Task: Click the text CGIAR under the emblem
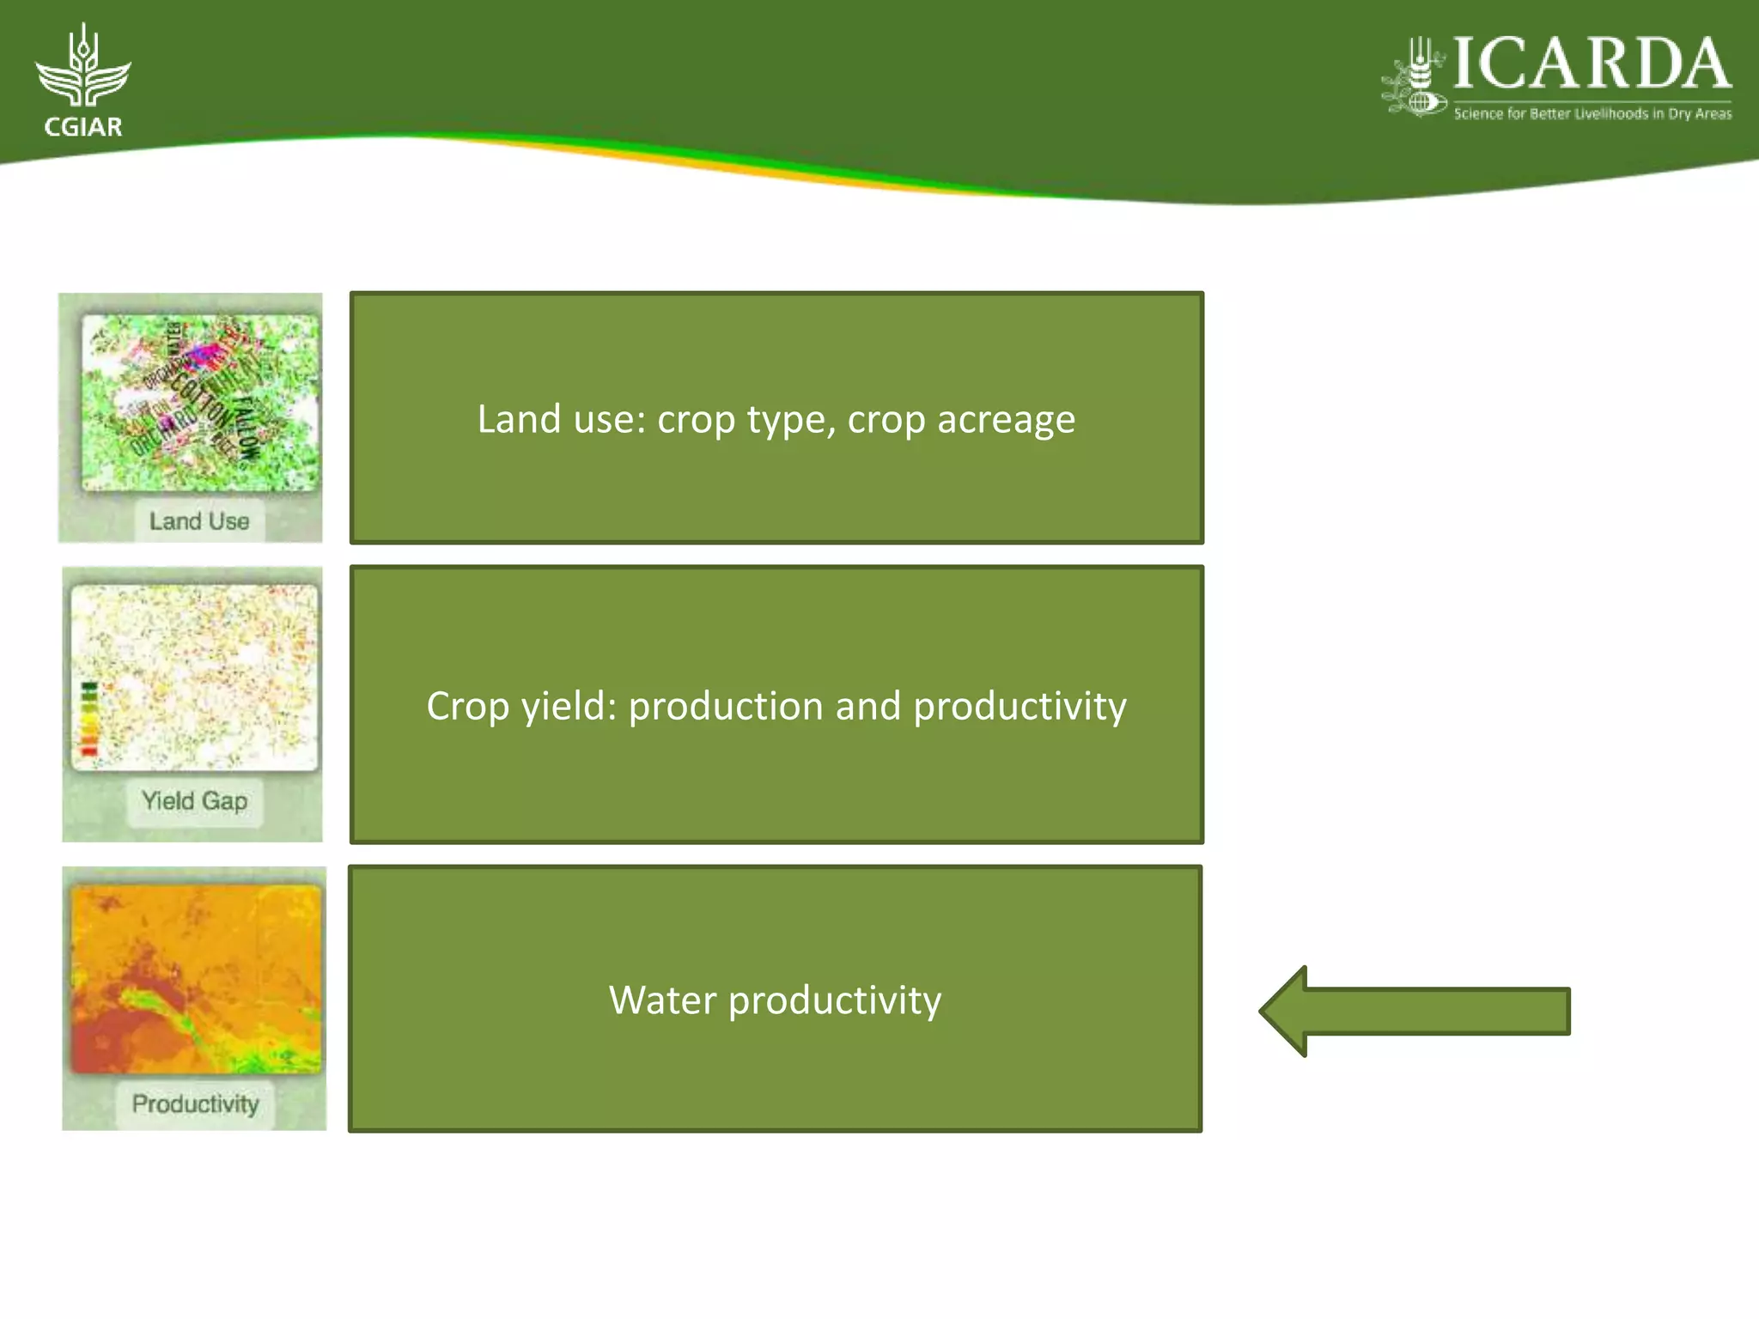click(82, 127)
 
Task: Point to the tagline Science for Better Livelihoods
click(1592, 113)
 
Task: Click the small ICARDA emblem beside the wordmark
click(1415, 77)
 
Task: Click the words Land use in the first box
click(556, 420)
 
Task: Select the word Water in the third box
click(661, 1000)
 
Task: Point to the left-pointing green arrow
click(1414, 1011)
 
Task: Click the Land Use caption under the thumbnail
click(198, 521)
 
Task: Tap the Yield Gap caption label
click(194, 801)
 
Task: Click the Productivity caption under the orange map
click(195, 1103)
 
